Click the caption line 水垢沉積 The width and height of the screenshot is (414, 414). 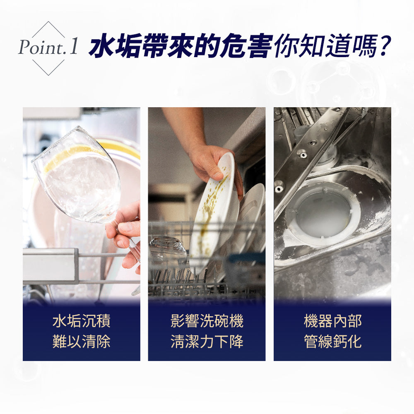pos(82,321)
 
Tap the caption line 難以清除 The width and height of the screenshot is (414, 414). pos(82,342)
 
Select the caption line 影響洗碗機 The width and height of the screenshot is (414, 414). pos(207,321)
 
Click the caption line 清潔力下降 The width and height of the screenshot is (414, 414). pos(207,342)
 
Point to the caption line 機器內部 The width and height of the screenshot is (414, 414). pos(332,321)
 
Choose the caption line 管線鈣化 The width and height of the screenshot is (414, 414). pos(332,342)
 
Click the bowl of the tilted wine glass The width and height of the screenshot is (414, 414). pos(79,178)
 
